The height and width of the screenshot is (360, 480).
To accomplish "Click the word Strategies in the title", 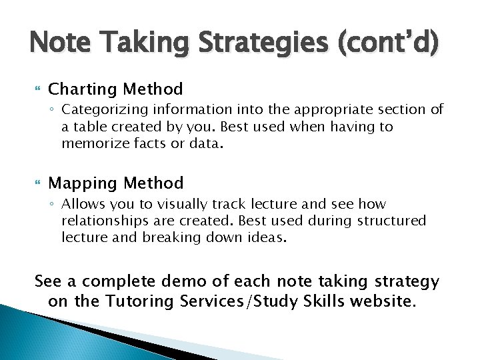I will pos(254,45).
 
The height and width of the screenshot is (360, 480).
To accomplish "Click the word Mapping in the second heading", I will pos(80,183).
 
